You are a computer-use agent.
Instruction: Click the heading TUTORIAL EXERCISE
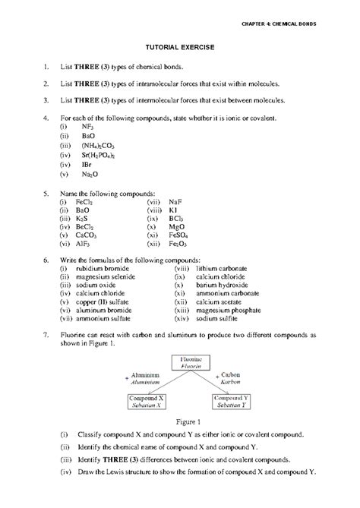point(180,47)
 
